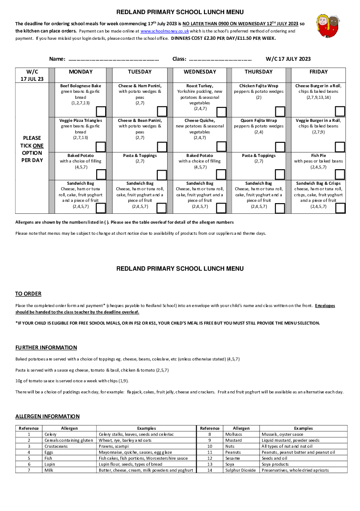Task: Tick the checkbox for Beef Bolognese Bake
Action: point(101,112)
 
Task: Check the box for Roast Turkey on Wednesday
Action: point(221,112)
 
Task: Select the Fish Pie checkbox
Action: point(340,174)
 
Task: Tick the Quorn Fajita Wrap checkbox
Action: point(280,147)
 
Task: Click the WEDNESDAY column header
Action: point(200,72)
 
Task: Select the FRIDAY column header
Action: point(319,72)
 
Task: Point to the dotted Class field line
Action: point(220,59)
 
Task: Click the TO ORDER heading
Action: point(28,294)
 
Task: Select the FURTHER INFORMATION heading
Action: point(46,348)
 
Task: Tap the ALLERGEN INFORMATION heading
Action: point(47,416)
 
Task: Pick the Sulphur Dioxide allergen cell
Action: point(240,470)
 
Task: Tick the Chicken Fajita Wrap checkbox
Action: point(280,112)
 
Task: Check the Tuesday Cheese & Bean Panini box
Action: point(162,147)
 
